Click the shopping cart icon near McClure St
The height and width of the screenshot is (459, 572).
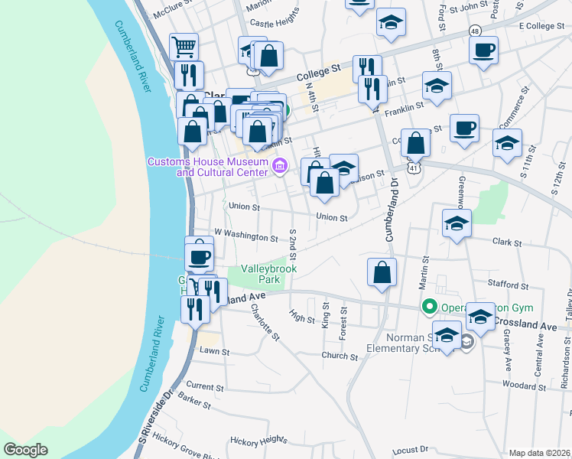(184, 47)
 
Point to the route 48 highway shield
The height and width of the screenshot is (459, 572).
(476, 31)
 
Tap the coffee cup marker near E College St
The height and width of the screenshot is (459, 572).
(483, 50)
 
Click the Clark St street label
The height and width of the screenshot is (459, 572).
(506, 243)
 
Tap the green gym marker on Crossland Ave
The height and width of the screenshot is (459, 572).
(430, 308)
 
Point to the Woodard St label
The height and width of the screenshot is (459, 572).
(524, 386)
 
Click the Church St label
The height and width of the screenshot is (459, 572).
(340, 356)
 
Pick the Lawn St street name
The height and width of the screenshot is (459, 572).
(214, 351)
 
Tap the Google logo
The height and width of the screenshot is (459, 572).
(26, 450)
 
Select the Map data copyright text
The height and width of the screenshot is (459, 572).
(539, 453)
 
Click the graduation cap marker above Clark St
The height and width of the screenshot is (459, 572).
(457, 223)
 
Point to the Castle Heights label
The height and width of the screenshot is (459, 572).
(274, 23)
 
